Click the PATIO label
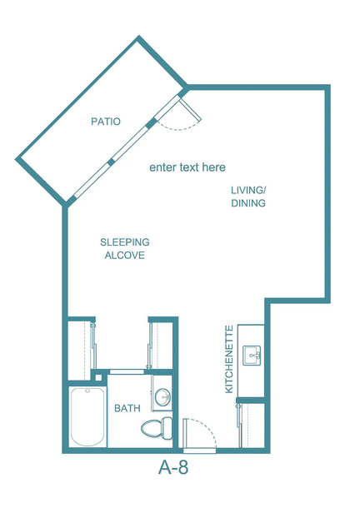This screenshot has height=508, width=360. (106, 122)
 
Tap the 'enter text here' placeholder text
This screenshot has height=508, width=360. (187, 167)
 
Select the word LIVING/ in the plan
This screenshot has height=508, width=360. (248, 190)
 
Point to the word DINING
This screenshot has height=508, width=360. (248, 203)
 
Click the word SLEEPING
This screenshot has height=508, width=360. (125, 242)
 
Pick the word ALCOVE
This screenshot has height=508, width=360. (125, 256)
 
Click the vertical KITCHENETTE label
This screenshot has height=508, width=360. (229, 359)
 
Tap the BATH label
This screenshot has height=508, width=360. (127, 408)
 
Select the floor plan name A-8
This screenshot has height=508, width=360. (173, 467)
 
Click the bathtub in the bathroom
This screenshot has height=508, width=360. (87, 416)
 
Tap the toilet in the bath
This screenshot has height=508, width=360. (157, 428)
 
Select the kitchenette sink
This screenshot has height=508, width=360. (252, 356)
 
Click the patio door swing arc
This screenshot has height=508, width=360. (179, 127)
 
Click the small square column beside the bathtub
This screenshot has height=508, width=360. (98, 377)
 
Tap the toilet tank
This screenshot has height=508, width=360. (167, 428)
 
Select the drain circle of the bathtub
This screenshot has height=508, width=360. (87, 391)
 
